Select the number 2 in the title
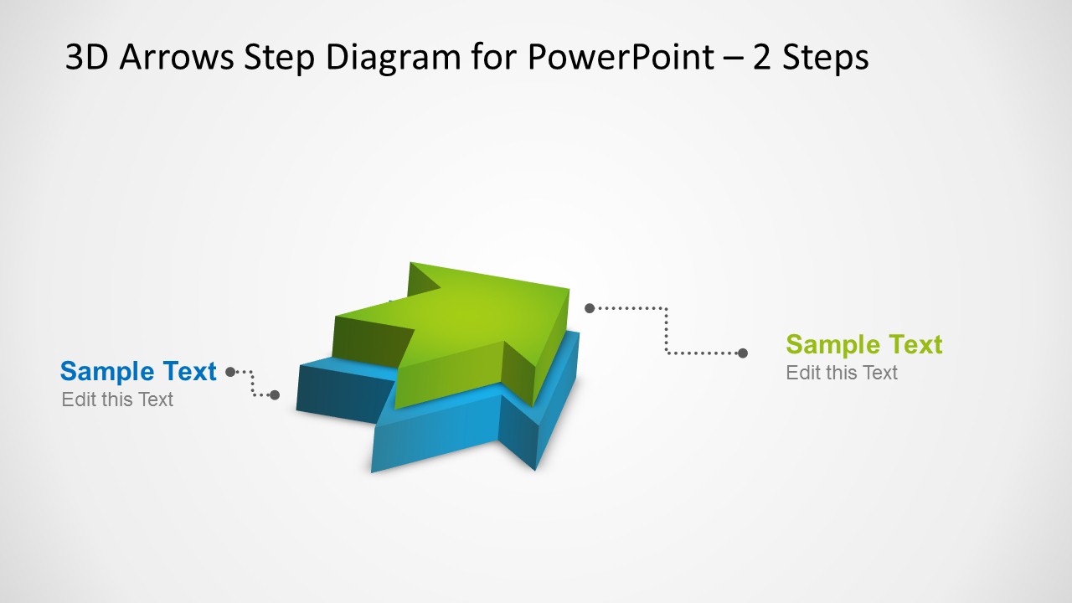(x=762, y=58)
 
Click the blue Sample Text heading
(x=138, y=371)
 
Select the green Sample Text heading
(x=863, y=344)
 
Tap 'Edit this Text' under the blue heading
(x=117, y=399)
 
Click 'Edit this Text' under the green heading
(x=841, y=373)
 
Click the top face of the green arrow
(x=469, y=318)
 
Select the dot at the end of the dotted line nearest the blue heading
(x=230, y=372)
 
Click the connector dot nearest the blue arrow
(x=275, y=394)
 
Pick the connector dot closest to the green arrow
(x=590, y=308)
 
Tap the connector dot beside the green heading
(x=742, y=353)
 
